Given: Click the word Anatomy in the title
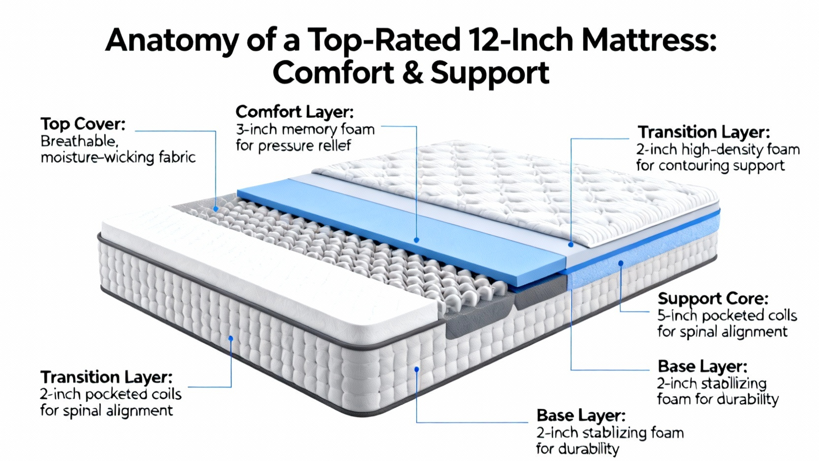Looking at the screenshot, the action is (172, 41).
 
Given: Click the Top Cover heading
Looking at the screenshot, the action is (83, 124).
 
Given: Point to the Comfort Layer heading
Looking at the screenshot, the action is (295, 112).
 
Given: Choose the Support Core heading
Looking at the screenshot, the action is (713, 299).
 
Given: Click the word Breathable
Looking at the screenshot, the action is (79, 141).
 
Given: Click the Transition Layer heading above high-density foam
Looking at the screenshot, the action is (704, 132).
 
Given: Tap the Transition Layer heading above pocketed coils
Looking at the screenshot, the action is (106, 377).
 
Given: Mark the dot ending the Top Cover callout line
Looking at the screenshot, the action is (215, 209).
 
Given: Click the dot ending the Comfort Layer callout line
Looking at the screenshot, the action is (417, 240).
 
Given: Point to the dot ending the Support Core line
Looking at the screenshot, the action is (620, 263).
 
